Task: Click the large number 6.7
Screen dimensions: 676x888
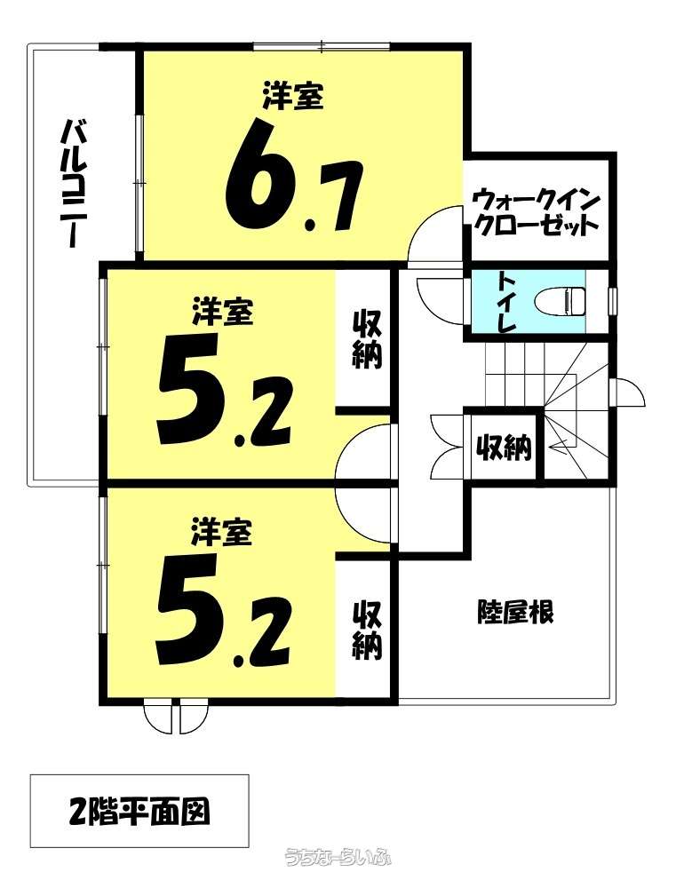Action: [x=293, y=174]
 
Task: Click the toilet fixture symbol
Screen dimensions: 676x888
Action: [x=561, y=301]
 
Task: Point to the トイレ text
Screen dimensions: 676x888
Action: [x=507, y=302]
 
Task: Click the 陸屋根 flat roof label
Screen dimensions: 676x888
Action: [x=514, y=612]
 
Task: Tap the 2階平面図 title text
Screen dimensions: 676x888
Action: [x=139, y=812]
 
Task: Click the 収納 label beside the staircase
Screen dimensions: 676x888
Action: [x=503, y=448]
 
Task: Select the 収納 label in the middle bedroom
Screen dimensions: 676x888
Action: [x=367, y=340]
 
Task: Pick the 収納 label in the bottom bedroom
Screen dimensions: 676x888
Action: [x=367, y=630]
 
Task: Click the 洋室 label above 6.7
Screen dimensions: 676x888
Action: [x=293, y=95]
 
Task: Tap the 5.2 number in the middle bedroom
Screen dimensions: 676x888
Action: [x=224, y=391]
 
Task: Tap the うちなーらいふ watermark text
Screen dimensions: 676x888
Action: [x=338, y=873]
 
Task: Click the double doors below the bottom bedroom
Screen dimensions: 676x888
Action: [x=176, y=717]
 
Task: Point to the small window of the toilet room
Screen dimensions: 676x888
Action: [x=611, y=301]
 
